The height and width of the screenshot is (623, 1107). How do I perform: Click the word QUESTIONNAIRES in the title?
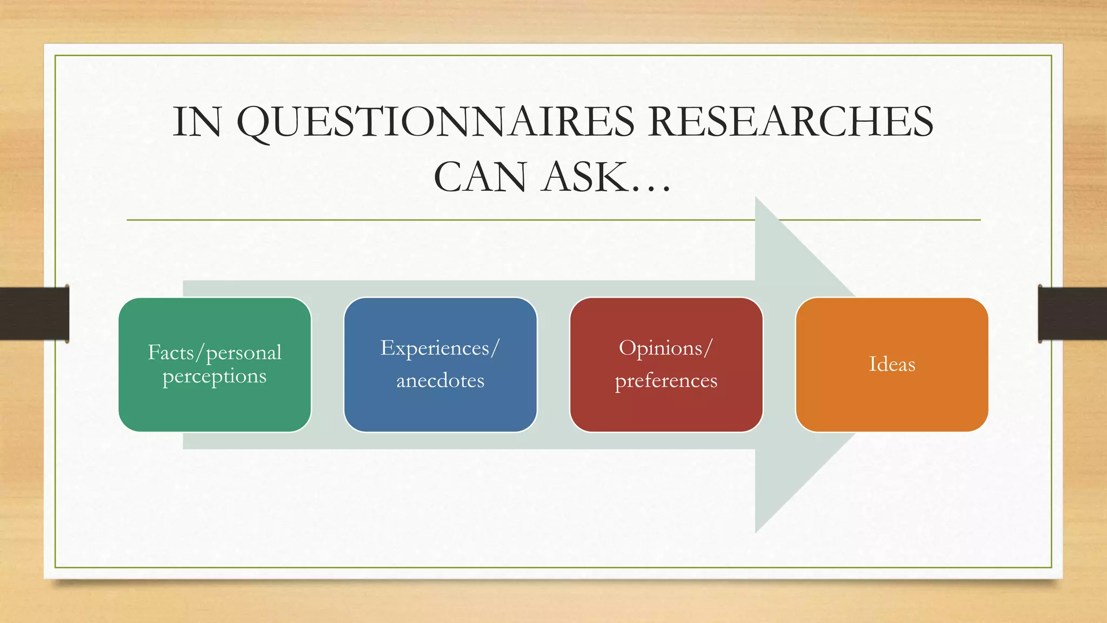pos(436,122)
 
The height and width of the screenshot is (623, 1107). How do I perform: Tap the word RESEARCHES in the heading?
pos(791,121)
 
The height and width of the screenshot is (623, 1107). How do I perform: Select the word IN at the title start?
pos(197,122)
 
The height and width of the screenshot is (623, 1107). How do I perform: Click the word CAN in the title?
pos(480,177)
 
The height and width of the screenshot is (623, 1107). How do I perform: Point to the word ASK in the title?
pos(586,177)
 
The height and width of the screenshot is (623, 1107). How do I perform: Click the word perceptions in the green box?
pos(215,376)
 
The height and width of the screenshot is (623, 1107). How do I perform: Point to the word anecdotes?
pos(440,381)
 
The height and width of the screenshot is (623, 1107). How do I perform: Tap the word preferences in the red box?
pos(666,381)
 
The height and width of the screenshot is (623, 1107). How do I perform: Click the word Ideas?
pos(892,364)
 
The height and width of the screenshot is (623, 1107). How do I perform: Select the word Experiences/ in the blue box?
pos(440,348)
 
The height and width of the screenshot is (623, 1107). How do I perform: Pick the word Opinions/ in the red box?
pos(666,348)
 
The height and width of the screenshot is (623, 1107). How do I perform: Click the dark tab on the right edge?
pos(1072,314)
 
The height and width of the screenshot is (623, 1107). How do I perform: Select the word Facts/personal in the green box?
pos(215,353)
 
